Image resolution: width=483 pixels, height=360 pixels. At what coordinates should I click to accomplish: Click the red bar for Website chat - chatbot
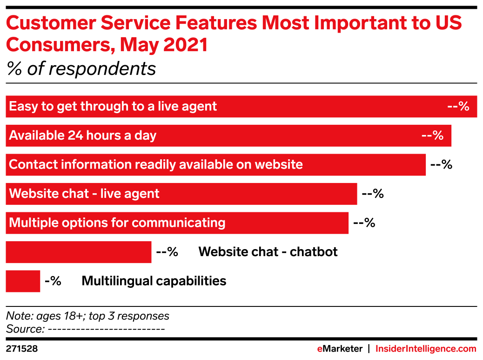79,252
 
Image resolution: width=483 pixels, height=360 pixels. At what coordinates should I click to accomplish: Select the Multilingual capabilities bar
23,281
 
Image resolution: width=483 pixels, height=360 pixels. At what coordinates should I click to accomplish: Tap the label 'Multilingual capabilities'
154,281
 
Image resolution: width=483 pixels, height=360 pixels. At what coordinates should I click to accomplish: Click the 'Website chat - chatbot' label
268,252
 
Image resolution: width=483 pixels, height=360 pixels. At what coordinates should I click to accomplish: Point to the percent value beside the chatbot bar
167,252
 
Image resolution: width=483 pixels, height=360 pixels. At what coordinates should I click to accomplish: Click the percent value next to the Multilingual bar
53,281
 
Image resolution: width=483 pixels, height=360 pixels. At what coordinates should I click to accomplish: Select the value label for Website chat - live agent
373,194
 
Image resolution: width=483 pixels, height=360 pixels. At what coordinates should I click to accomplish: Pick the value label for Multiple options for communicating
364,223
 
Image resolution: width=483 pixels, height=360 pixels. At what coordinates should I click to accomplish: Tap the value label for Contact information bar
442,164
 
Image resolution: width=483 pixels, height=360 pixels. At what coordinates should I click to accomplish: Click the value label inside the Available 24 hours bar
432,136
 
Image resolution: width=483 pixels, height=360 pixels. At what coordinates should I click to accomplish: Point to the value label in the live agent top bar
458,106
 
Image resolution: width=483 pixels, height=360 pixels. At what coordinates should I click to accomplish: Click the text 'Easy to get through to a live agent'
113,107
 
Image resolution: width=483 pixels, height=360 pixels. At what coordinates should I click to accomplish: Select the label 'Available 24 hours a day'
82,136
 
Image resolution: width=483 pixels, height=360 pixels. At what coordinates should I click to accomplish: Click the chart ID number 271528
21,349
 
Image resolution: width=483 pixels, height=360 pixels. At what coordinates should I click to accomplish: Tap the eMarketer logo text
340,349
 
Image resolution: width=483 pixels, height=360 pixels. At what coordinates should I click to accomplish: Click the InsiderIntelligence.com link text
426,349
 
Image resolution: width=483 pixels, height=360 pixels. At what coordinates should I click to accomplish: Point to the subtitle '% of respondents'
81,69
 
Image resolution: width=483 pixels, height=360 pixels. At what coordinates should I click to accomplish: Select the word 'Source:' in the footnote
26,329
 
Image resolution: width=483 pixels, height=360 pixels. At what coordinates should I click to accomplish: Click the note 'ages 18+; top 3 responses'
102,316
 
